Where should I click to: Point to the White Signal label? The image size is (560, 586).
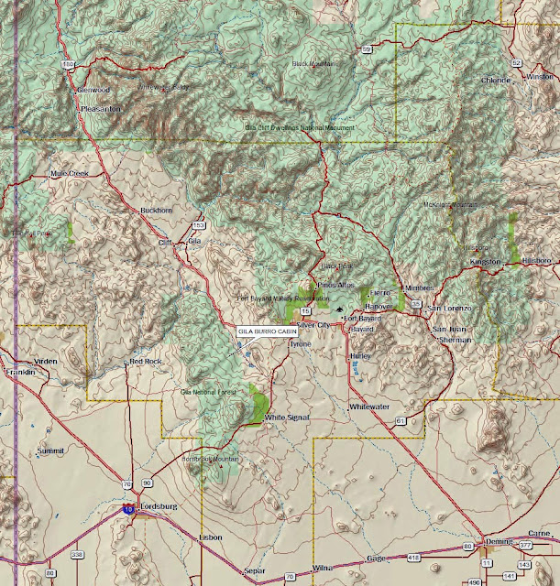288,418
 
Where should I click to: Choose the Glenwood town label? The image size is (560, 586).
93,91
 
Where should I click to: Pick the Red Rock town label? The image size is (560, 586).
146,361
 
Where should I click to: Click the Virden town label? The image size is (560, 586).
46,361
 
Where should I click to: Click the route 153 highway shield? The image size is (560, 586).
198,224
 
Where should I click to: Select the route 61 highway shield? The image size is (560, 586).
401,420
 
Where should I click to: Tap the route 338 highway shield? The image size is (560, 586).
77,555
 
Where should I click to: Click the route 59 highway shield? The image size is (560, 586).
366,49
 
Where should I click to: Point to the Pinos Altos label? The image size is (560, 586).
334,286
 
